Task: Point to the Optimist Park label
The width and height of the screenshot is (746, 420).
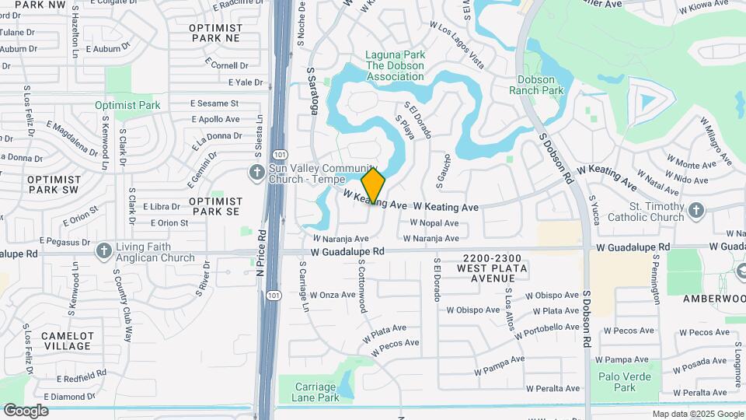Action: coord(127,105)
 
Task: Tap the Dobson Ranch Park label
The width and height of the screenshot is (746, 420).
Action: coord(536,85)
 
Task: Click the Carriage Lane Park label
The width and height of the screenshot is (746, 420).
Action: coord(317,392)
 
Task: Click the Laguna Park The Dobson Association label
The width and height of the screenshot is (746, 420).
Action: coord(396,66)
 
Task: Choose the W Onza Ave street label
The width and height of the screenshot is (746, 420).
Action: coord(333,295)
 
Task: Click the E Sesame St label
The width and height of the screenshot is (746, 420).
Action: coord(214,103)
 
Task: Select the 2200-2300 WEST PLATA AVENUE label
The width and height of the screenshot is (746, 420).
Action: coord(492,268)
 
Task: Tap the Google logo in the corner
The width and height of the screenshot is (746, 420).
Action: coord(26,411)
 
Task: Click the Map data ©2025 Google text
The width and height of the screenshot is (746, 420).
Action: coord(696,415)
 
